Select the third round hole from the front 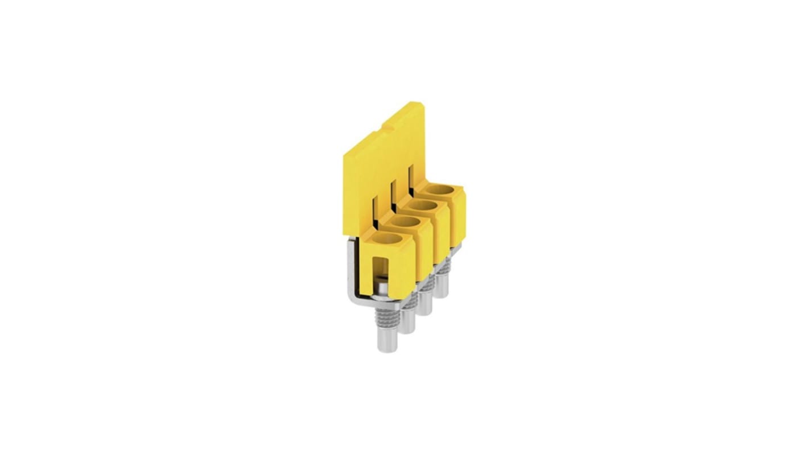[423, 204]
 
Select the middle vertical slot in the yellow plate [392, 196]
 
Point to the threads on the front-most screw [387, 316]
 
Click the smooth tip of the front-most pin [387, 341]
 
